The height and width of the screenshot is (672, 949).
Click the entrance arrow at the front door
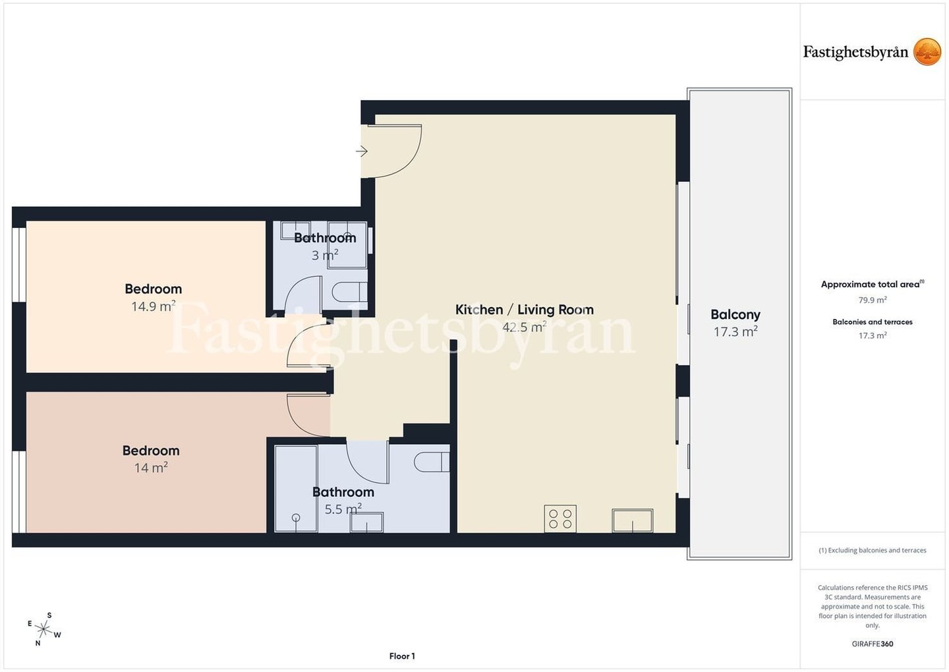(x=361, y=151)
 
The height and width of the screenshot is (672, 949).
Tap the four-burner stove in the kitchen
(x=560, y=518)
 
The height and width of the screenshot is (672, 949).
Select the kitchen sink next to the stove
(x=633, y=521)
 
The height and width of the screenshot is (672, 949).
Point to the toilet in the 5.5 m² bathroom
(x=431, y=462)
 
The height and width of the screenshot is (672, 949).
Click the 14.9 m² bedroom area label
(x=154, y=306)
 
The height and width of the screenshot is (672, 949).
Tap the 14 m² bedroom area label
(x=151, y=468)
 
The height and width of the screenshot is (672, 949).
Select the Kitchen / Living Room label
(x=525, y=310)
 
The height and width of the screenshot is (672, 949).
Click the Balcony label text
(x=735, y=315)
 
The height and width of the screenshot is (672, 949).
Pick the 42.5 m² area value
(x=525, y=327)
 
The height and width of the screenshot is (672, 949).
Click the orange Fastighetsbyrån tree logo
(x=927, y=51)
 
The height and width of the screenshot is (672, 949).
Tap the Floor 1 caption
(x=402, y=656)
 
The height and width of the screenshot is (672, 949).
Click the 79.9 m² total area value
(x=873, y=300)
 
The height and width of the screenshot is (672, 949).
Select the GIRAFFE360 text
(x=873, y=644)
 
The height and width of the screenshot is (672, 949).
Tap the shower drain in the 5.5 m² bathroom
(x=296, y=517)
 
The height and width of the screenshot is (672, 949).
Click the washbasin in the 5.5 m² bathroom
(x=366, y=522)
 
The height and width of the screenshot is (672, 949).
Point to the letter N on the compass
(x=38, y=643)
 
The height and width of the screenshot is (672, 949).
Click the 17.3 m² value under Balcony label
(x=735, y=331)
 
